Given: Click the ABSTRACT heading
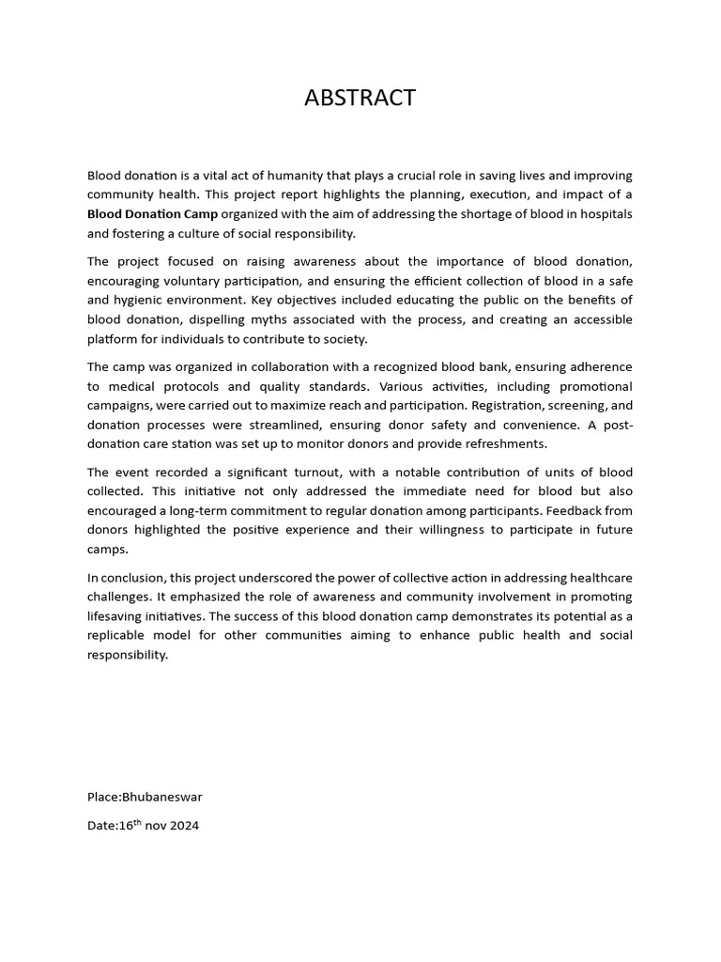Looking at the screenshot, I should pyautogui.click(x=360, y=98).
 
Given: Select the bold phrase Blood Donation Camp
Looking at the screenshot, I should pyautogui.click(x=152, y=214).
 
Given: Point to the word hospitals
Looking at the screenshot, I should pyautogui.click(x=604, y=214).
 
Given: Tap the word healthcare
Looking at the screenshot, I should pyautogui.click(x=597, y=577).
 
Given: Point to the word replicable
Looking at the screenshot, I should pyautogui.click(x=119, y=636).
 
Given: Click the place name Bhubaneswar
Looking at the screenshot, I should pyautogui.click(x=161, y=798).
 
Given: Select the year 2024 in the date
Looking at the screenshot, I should pyautogui.click(x=184, y=827).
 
